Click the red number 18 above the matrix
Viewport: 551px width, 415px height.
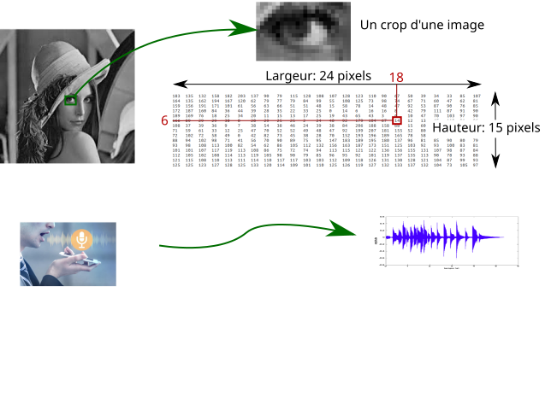click(x=396, y=78)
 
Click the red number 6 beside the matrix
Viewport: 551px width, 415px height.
click(x=164, y=121)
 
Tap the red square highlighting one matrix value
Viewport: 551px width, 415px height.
click(x=398, y=121)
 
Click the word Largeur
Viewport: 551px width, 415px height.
click(x=287, y=75)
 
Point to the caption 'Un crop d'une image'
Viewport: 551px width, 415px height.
click(x=423, y=26)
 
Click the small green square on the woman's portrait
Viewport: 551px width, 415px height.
click(x=71, y=100)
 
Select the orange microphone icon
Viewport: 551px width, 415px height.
click(x=81, y=239)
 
